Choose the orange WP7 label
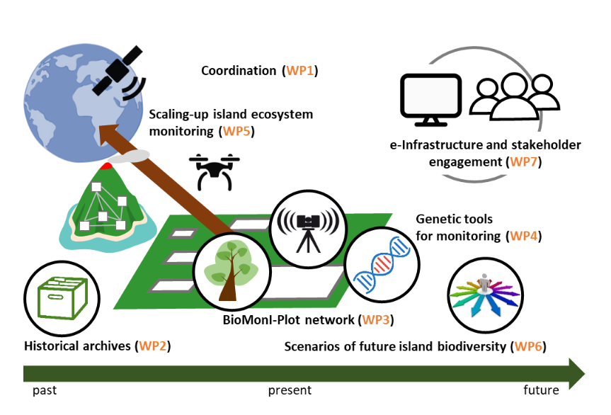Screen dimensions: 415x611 [x=526, y=162]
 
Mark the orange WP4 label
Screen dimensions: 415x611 [x=525, y=235]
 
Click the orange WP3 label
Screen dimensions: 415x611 [x=376, y=320]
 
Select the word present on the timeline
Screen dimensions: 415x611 [x=290, y=390]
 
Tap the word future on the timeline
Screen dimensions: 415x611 [x=541, y=390]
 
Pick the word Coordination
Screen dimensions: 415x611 [x=238, y=71]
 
